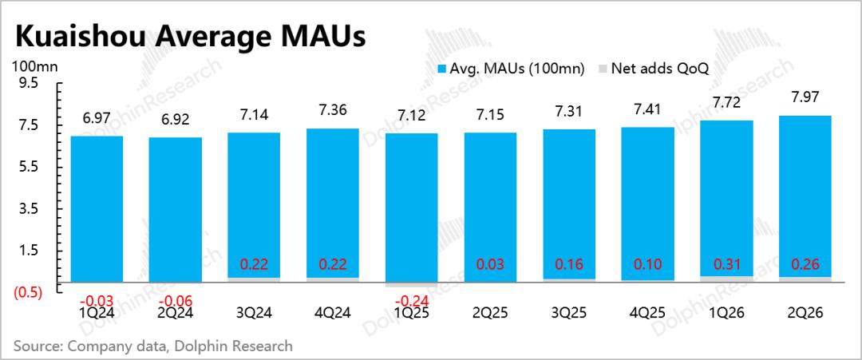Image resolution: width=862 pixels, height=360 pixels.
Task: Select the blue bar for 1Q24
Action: coord(97,209)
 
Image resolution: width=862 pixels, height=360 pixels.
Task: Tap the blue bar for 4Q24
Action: coord(333,205)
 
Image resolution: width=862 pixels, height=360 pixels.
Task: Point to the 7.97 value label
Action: coord(805,98)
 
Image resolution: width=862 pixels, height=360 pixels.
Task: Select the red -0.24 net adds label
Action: coord(412,301)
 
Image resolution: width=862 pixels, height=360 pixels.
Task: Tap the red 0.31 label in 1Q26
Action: coord(726,264)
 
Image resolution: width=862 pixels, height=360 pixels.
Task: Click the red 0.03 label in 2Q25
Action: coord(490,264)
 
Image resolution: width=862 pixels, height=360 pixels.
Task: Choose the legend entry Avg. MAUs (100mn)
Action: coord(511,69)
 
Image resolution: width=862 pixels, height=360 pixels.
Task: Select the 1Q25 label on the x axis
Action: coord(412,313)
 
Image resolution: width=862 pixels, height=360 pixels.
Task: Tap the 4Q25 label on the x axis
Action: coord(647,313)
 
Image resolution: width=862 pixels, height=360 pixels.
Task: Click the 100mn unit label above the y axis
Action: coord(34,67)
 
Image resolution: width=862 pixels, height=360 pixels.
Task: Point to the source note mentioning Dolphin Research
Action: coord(152,346)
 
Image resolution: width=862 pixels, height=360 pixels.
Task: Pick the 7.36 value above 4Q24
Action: coord(333,111)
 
